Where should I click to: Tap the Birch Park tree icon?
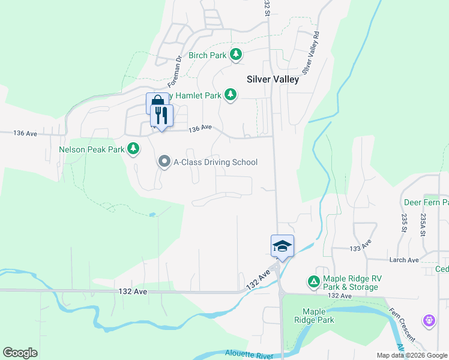pos(237,55)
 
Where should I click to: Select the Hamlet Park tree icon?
pos(230,94)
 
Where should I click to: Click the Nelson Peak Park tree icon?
pos(133,148)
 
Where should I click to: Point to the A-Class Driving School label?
pos(215,162)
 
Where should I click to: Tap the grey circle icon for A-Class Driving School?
pos(164,161)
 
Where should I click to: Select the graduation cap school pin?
pos(283,245)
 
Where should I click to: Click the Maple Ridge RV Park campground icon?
pos(313,281)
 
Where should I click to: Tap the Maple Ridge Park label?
pos(318,316)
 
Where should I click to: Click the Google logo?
pos(20,353)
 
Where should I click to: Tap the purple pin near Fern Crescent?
pos(429,321)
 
